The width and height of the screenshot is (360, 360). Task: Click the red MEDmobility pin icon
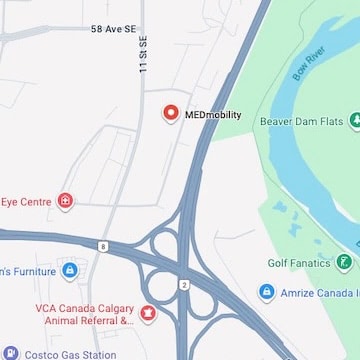170,114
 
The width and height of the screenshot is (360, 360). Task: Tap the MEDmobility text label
213,115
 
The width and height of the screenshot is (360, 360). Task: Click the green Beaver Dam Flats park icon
354,122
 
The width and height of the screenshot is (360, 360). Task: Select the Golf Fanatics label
298,263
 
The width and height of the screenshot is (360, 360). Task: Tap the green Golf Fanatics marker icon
344,263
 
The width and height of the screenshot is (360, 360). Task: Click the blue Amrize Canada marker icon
266,292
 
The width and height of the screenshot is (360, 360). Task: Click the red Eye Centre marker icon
67,202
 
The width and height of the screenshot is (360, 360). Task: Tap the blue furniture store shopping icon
69,271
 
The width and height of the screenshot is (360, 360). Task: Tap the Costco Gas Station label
71,354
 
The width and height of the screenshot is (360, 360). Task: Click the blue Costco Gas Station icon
11,354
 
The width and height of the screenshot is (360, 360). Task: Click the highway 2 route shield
184,285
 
